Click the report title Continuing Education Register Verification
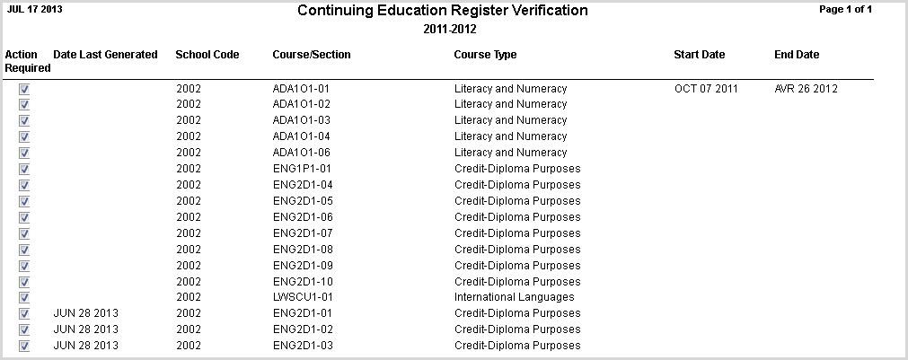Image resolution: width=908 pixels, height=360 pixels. [x=442, y=11]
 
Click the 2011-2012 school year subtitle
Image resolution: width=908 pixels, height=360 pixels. [x=449, y=29]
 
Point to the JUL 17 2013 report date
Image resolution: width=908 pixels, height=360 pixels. [x=35, y=9]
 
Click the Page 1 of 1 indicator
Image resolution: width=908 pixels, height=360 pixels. [x=846, y=9]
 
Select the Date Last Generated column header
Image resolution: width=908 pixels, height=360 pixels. [x=105, y=55]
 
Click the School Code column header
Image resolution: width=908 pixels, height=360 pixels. [x=207, y=55]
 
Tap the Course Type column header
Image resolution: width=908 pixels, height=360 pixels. [x=485, y=55]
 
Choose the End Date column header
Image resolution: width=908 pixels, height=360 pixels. [x=797, y=55]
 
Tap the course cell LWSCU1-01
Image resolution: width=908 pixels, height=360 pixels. [x=304, y=297]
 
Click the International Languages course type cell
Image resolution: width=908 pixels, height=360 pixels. [x=514, y=297]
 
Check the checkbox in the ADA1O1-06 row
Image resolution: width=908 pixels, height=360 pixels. [x=24, y=153]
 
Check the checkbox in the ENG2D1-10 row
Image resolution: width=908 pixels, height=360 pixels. [x=24, y=281]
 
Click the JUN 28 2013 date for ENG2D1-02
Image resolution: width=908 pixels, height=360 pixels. [x=86, y=329]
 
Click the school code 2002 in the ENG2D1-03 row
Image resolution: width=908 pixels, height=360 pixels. [x=189, y=346]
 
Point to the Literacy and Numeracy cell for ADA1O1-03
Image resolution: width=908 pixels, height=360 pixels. [x=510, y=120]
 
